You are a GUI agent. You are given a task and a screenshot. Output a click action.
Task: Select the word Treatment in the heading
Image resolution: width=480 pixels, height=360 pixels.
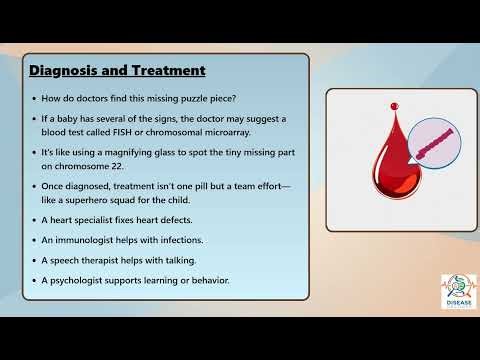(x=169, y=71)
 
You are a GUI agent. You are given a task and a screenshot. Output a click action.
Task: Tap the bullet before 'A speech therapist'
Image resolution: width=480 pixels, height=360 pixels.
(x=33, y=260)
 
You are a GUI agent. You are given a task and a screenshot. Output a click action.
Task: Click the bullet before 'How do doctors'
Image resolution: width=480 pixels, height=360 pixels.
(x=33, y=98)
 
